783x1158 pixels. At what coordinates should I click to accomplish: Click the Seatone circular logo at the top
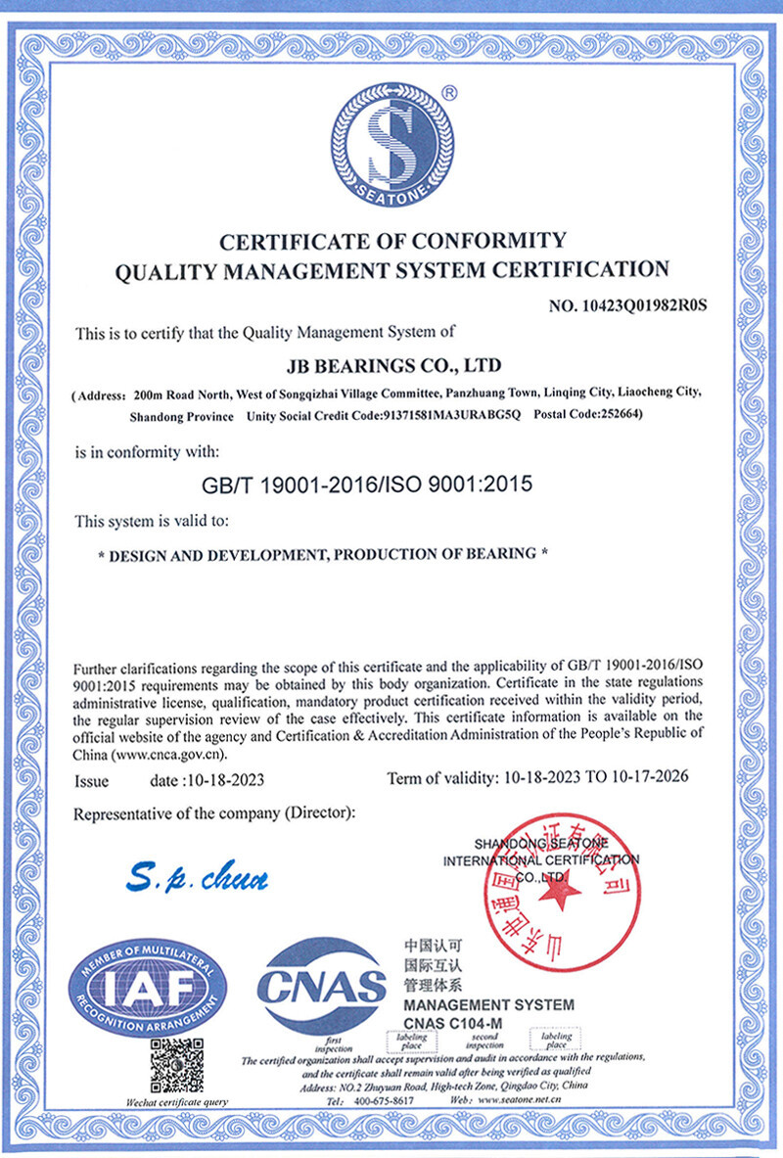pos(392,142)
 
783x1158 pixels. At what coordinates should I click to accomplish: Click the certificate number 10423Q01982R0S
pos(627,305)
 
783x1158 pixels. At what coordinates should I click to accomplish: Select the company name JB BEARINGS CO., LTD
pos(392,366)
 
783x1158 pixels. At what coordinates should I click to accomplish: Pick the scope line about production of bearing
pos(323,554)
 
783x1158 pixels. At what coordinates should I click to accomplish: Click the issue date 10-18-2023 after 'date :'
pos(225,781)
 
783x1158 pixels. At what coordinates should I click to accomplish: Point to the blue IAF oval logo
pos(147,986)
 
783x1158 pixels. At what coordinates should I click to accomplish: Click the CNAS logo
pos(321,986)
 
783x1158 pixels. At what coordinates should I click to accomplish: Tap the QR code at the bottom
pos(177,1066)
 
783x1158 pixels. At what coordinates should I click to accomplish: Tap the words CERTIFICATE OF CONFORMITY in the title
pos(392,241)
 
